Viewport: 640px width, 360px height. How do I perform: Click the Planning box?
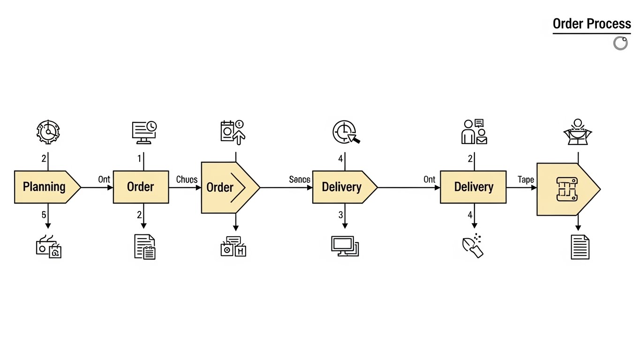click(x=45, y=187)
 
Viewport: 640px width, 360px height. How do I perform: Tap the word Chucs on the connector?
click(x=187, y=180)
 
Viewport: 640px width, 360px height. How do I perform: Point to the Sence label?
click(x=300, y=180)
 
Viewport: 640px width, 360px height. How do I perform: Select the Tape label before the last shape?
click(x=526, y=180)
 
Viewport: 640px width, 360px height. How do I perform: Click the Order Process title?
click(x=592, y=24)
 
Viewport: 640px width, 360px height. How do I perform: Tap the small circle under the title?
click(x=620, y=43)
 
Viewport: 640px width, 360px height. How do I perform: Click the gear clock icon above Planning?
click(x=48, y=131)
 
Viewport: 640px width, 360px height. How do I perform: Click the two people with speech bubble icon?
click(x=474, y=131)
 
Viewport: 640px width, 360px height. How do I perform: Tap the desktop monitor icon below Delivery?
click(x=345, y=246)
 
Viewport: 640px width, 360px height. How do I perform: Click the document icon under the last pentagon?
click(x=580, y=247)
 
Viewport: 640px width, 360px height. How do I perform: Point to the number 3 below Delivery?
click(x=341, y=215)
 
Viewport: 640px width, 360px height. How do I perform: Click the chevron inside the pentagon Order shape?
click(x=238, y=187)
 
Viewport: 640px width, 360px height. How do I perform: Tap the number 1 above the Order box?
click(x=139, y=158)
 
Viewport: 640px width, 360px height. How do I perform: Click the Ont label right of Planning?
click(x=104, y=180)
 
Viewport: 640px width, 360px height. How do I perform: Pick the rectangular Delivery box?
click(x=473, y=187)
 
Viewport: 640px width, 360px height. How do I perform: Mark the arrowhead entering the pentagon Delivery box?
click(x=310, y=187)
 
